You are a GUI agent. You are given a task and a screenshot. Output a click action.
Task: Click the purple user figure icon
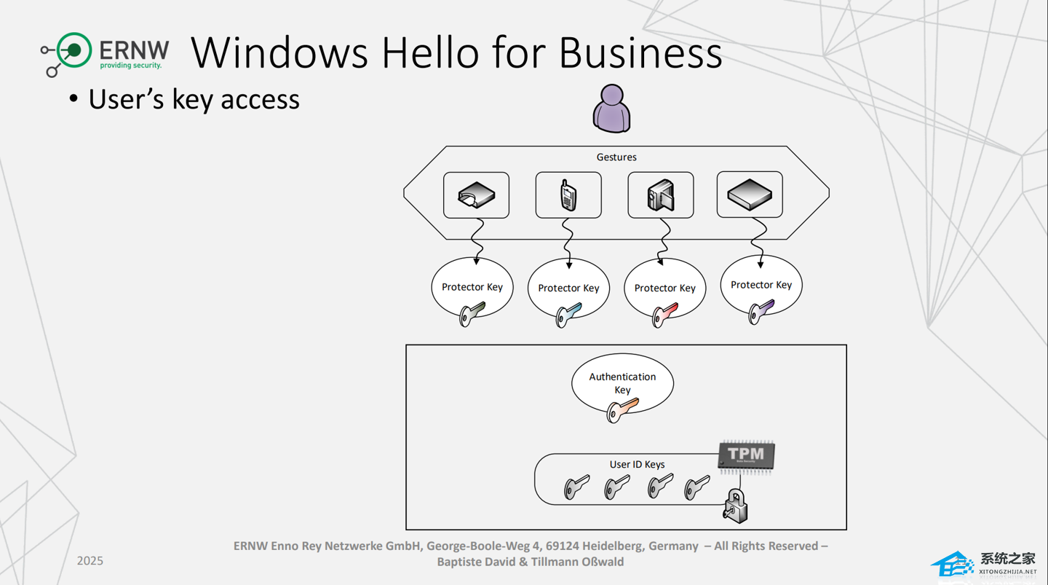(611, 109)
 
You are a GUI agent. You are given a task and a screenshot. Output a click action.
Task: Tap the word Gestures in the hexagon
(616, 157)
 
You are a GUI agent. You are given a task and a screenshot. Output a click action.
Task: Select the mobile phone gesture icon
(568, 195)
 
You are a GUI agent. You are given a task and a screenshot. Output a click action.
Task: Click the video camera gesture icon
(661, 195)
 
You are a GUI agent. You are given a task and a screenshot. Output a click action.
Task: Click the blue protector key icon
(568, 315)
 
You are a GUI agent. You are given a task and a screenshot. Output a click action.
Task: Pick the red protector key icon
(664, 315)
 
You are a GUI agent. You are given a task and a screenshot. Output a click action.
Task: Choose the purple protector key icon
(761, 313)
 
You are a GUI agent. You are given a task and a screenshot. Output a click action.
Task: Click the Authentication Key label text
(622, 382)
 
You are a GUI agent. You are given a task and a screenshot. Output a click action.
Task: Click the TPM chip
(746, 456)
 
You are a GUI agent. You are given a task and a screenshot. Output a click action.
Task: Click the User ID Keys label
(637, 465)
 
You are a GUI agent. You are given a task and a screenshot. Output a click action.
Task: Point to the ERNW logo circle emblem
(73, 51)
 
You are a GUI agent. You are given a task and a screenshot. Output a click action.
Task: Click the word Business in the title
(640, 53)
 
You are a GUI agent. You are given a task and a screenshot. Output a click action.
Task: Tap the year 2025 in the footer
(90, 561)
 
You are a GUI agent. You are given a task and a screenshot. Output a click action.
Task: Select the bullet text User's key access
(194, 100)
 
